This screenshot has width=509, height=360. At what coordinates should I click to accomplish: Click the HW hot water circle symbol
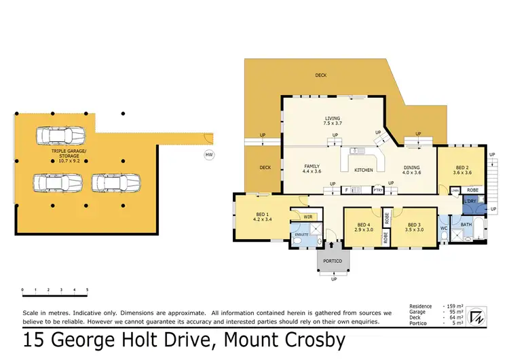point(208,155)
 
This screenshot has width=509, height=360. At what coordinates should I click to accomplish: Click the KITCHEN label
point(364,169)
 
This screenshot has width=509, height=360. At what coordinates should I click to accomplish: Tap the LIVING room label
point(332,119)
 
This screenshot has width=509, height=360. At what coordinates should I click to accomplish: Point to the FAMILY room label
point(312,166)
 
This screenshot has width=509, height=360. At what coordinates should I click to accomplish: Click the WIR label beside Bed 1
point(307,217)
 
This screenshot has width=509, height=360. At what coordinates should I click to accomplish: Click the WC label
point(443,228)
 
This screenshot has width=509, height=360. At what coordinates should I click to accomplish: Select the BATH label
point(466,223)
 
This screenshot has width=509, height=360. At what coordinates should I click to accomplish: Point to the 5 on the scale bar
point(87,290)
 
